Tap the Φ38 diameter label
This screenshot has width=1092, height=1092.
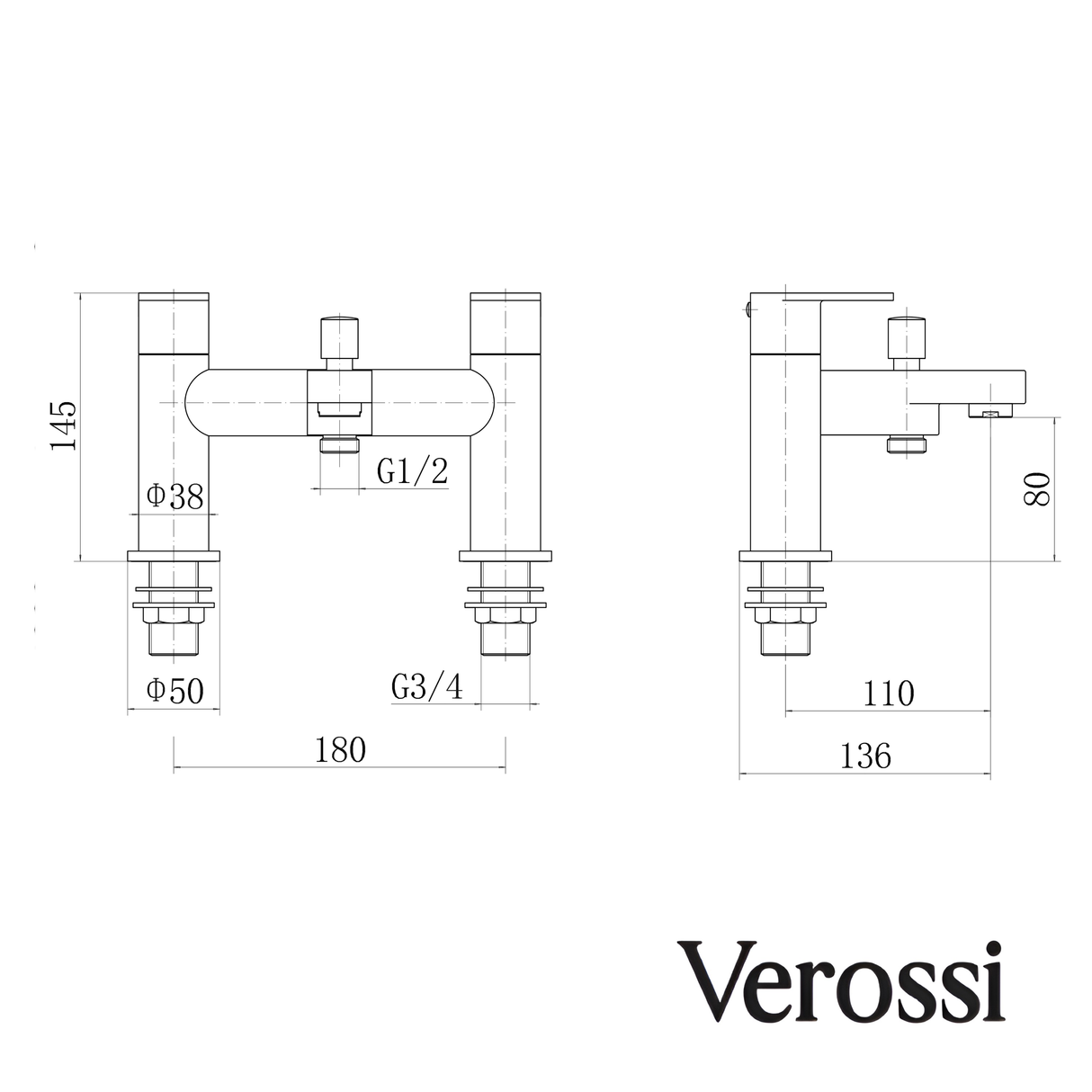pos(175,497)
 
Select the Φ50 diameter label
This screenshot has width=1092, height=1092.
pos(175,691)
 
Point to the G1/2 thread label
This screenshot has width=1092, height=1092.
pos(412,471)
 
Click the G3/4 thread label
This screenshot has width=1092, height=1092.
pos(427,688)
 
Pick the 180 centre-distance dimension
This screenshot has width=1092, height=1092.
pos(341,750)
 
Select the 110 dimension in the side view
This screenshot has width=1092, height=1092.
pos(889,694)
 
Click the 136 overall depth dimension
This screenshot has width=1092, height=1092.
pos(865,756)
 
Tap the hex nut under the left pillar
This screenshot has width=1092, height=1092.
pos(175,616)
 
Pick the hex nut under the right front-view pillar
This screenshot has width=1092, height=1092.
pos(506,616)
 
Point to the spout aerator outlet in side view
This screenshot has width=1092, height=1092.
pos(990,413)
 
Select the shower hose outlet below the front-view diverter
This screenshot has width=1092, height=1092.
pos(340,444)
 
